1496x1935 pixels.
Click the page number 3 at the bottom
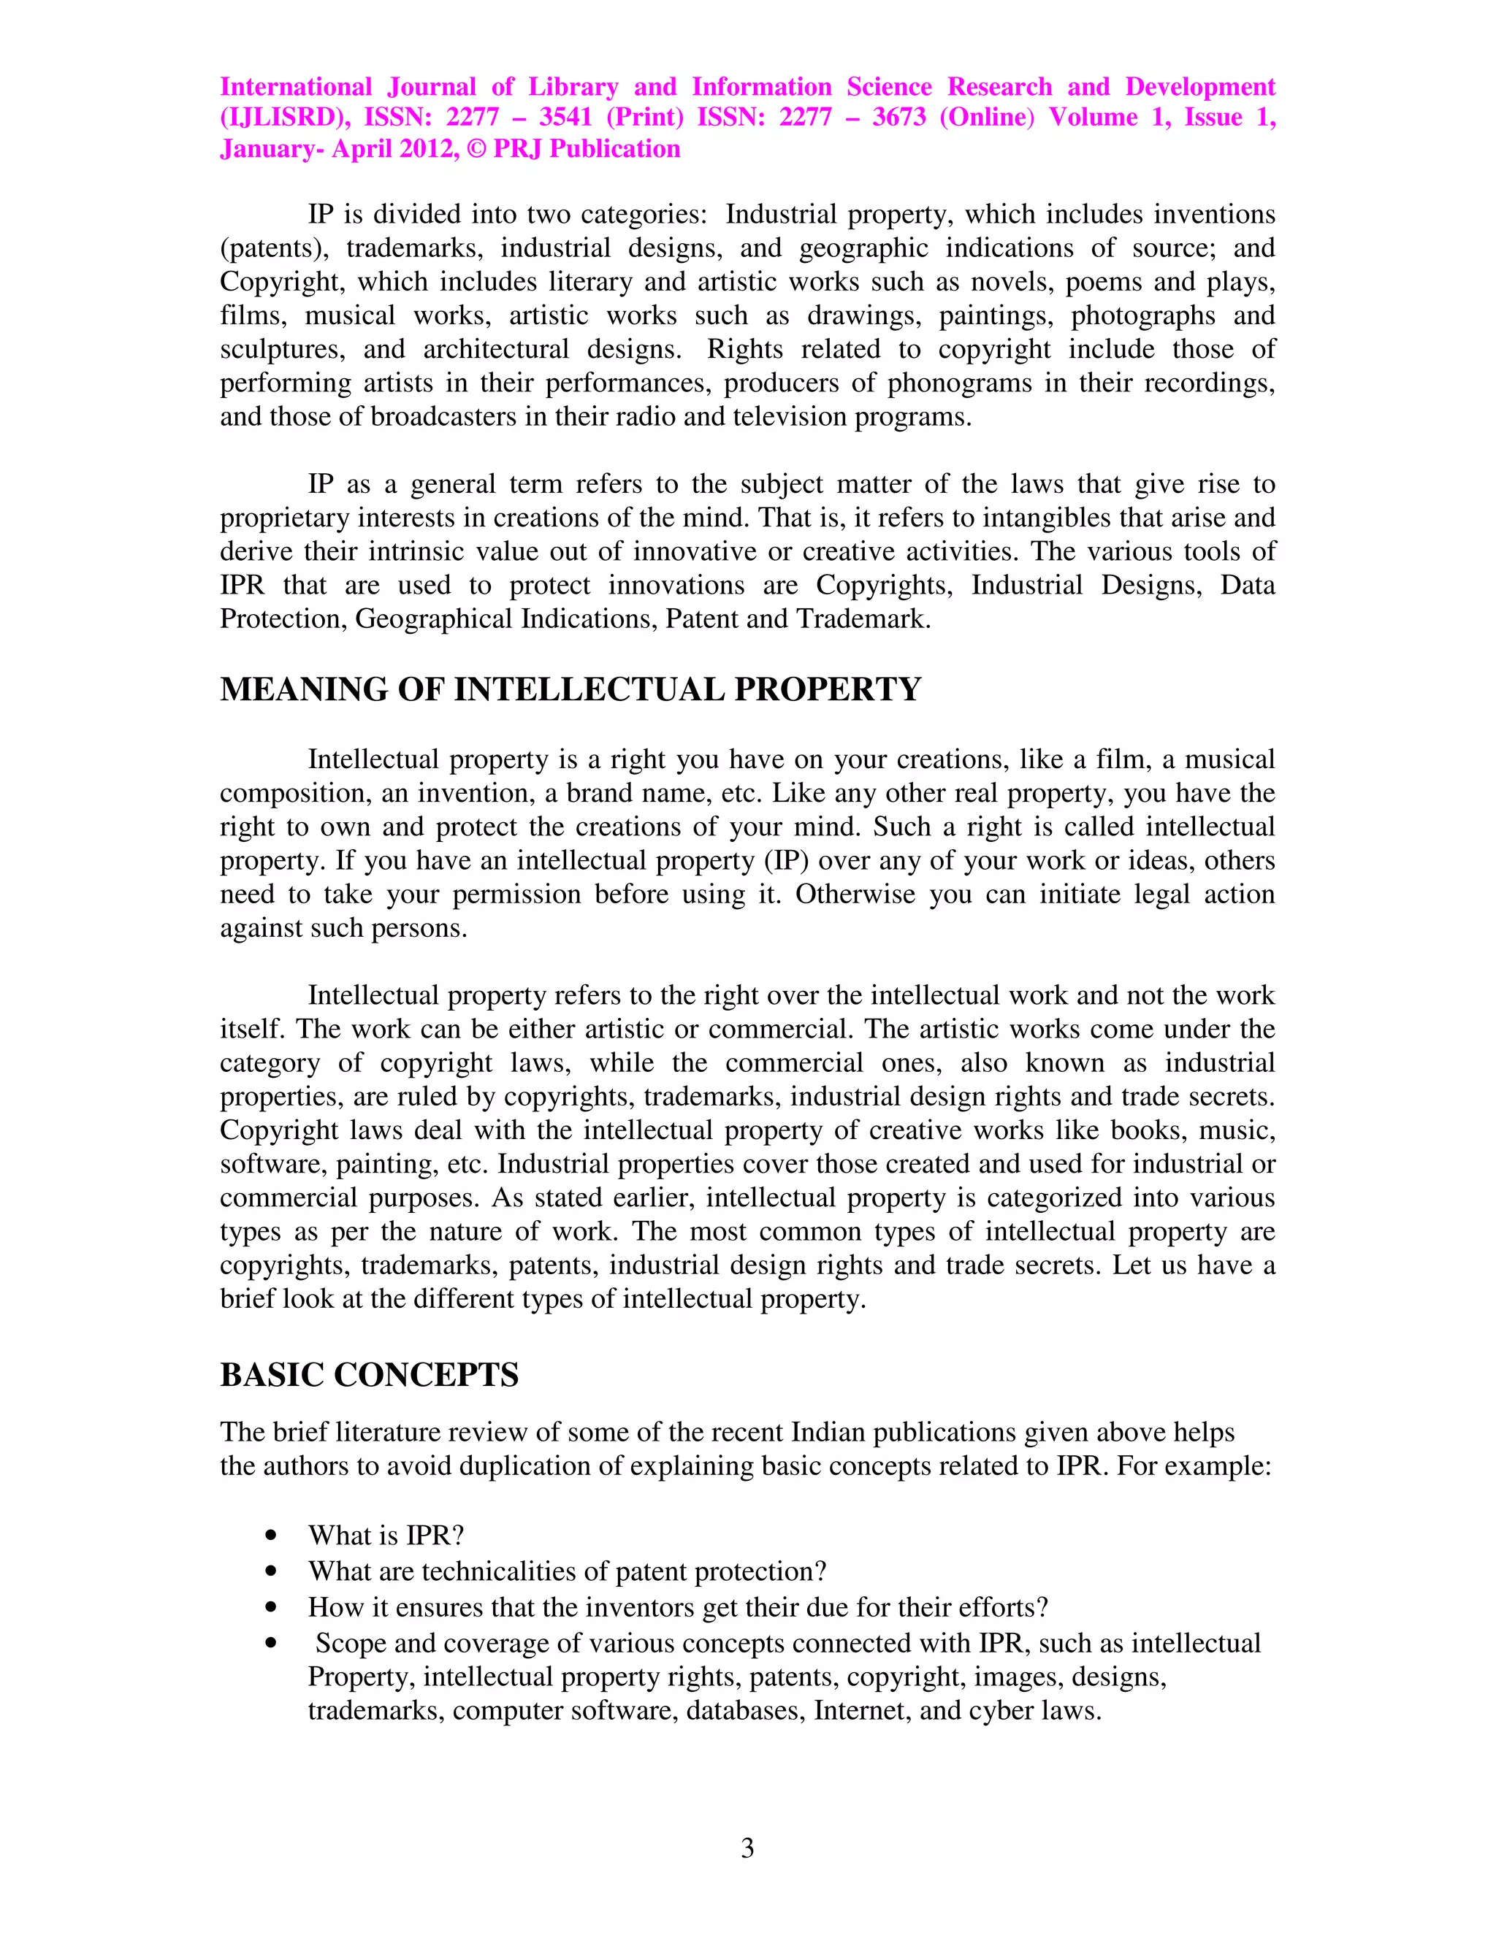coord(747,1848)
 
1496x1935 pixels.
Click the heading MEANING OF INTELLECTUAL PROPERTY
coord(570,689)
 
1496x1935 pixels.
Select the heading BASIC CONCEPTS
coord(369,1374)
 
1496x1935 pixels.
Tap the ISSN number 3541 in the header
coord(565,117)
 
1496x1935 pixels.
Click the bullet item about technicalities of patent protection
coord(567,1571)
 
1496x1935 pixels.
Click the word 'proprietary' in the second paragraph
coord(283,518)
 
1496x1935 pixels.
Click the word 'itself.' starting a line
coord(253,1029)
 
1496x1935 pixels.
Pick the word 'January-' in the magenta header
coord(272,149)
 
